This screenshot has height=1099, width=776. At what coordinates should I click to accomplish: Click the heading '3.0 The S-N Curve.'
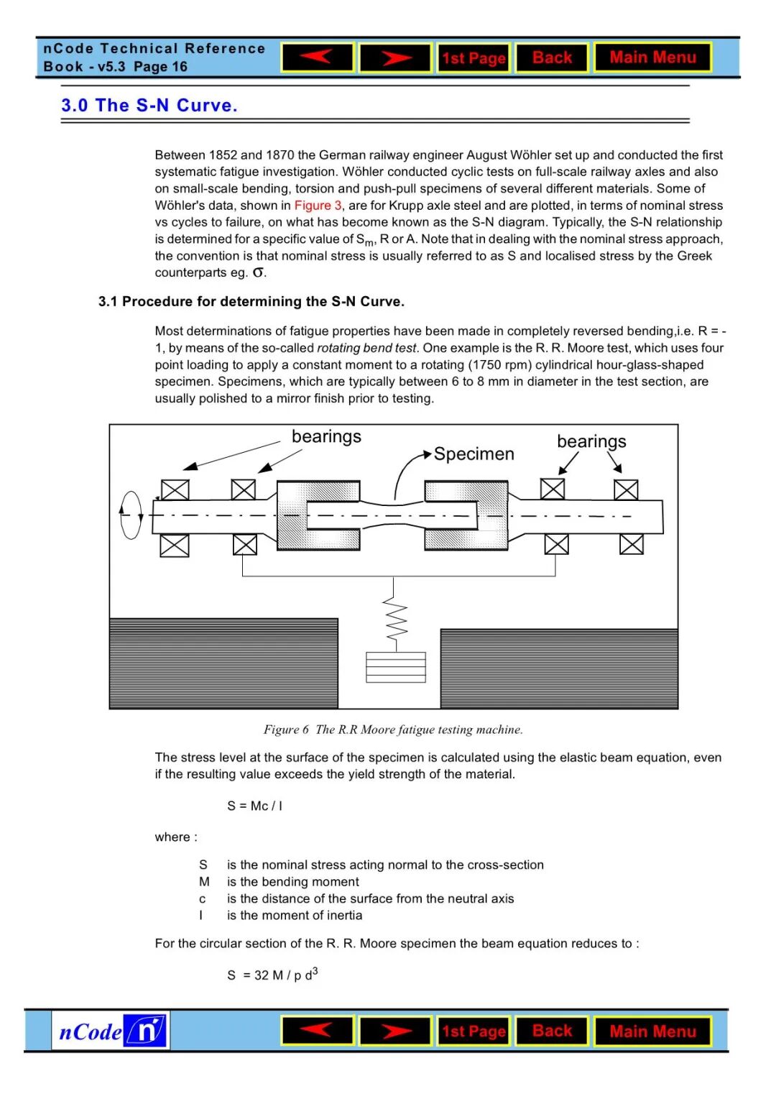[x=149, y=106]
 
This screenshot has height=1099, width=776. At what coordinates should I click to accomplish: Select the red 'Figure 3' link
[x=318, y=206]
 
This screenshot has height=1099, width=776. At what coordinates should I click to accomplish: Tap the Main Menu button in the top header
[x=652, y=58]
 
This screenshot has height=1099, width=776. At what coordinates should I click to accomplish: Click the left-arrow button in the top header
[x=317, y=58]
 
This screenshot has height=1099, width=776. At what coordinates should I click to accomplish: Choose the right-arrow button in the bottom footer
[x=395, y=1031]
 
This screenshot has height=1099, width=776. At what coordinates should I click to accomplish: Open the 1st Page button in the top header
[x=474, y=58]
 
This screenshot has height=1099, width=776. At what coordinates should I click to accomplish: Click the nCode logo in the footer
[x=111, y=1031]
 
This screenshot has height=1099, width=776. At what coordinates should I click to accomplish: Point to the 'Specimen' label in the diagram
[x=474, y=454]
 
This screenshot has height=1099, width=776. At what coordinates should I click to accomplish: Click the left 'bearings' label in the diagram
[x=326, y=437]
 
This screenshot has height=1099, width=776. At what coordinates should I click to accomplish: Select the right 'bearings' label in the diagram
[x=591, y=441]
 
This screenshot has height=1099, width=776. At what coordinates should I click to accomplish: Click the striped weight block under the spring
[x=395, y=667]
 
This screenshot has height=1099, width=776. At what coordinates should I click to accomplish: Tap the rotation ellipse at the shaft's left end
[x=131, y=515]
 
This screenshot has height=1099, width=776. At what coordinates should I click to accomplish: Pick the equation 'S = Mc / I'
[x=255, y=806]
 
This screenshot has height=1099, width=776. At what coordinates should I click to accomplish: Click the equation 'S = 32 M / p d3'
[x=272, y=975]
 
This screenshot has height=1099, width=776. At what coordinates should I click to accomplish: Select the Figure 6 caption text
[x=393, y=730]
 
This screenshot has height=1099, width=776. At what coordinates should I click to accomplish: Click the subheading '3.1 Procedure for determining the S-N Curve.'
[x=251, y=302]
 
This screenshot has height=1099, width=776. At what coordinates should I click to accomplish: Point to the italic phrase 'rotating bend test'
[x=366, y=348]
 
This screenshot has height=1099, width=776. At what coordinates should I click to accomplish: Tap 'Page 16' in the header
[x=160, y=67]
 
